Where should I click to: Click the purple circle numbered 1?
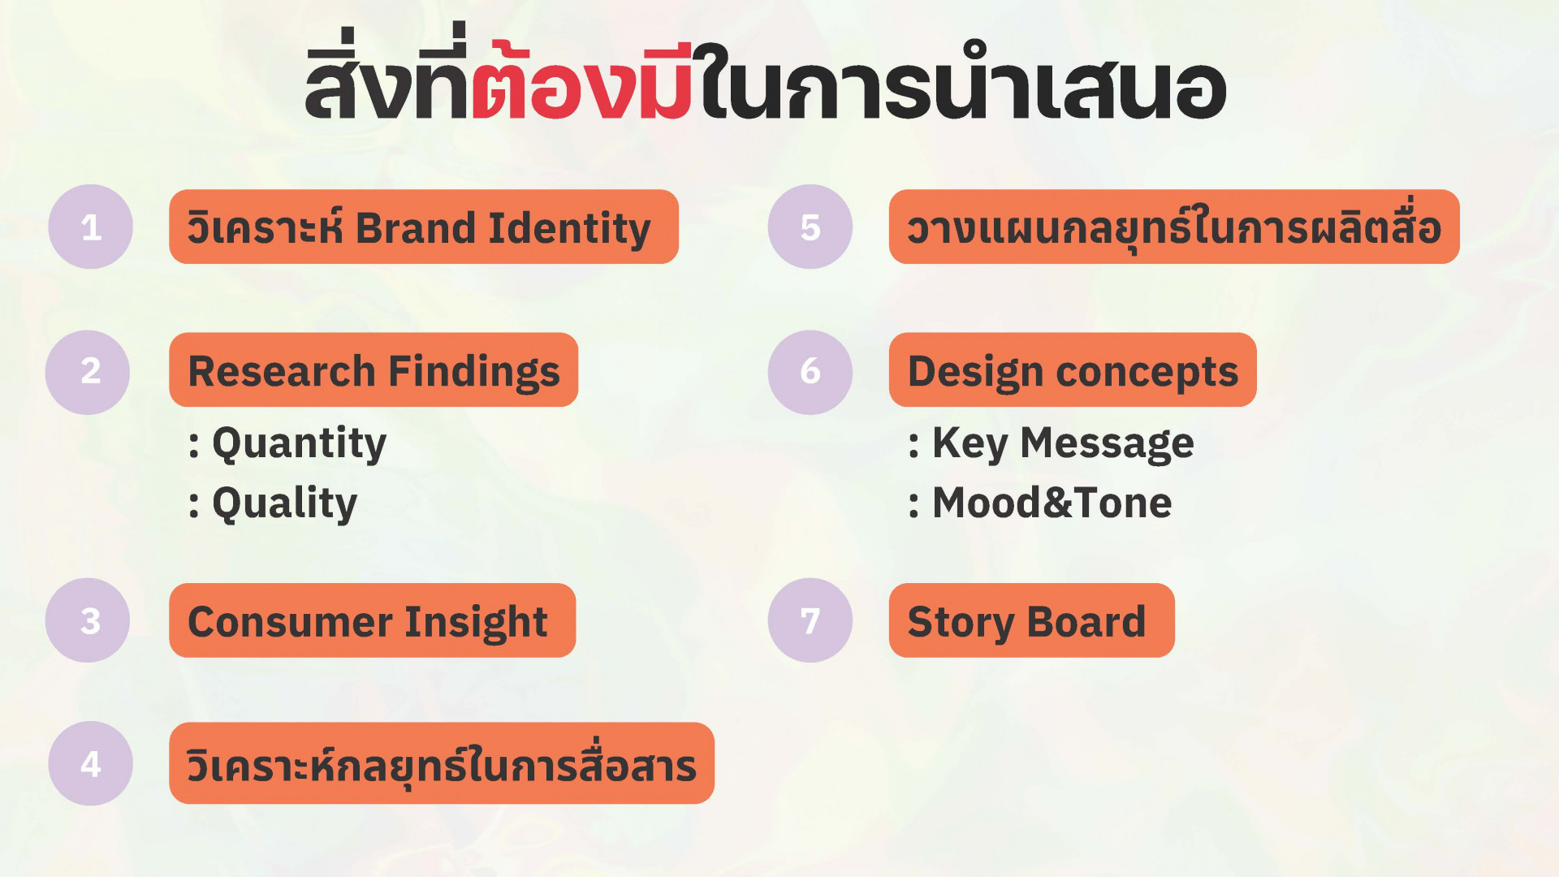pos(90,227)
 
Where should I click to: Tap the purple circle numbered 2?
pos(88,372)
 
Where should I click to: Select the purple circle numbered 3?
pos(88,620)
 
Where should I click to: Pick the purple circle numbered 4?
pos(90,763)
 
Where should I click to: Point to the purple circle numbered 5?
pos(810,227)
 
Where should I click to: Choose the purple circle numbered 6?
pos(810,372)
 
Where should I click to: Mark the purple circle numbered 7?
pos(810,620)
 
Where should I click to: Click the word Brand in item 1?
pos(416,228)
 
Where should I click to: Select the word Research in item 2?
pos(282,372)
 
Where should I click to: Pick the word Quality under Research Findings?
pos(285,503)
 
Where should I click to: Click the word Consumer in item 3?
pos(290,623)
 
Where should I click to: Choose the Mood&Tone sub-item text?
pos(1052,503)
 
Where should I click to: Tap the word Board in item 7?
pos(1086,623)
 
